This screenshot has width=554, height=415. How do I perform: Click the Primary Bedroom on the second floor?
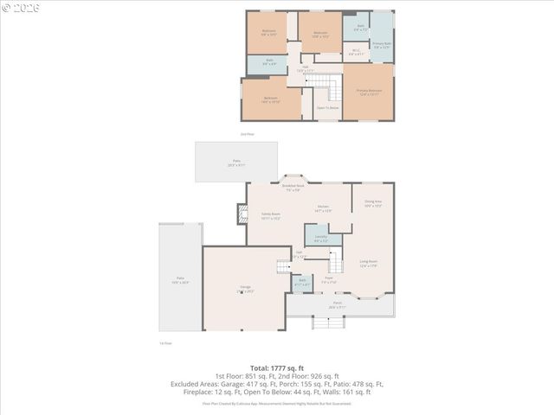click(369, 92)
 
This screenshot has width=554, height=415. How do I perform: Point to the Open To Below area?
click(327, 108)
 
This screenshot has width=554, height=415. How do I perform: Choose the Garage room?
click(246, 290)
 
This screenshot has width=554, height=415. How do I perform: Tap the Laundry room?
click(320, 236)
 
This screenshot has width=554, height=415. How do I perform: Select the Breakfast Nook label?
click(294, 187)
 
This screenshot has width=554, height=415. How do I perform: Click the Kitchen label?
click(322, 207)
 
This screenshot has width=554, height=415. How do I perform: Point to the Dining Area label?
click(373, 203)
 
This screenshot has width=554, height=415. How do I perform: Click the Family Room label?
click(270, 215)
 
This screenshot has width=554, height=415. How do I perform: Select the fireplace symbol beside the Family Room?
click(242, 214)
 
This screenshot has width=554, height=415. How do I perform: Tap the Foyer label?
click(329, 280)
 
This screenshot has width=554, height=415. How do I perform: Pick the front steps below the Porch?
click(321, 323)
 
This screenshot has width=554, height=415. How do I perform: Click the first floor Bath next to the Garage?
click(302, 282)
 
